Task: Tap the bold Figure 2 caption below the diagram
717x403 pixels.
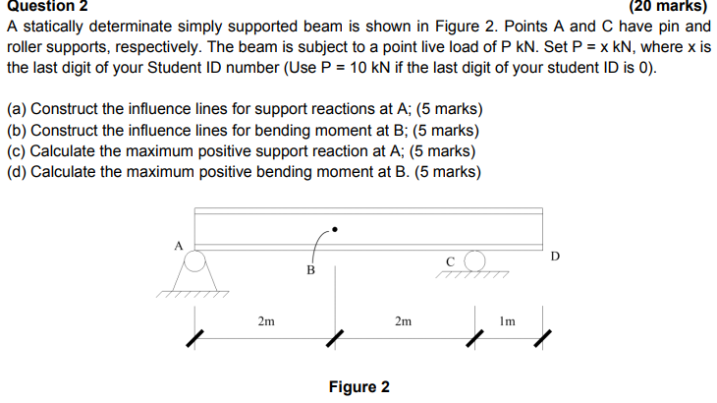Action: click(x=358, y=386)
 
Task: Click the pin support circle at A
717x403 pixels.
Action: click(x=194, y=261)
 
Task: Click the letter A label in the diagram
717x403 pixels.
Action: click(x=179, y=246)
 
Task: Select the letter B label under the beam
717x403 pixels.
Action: click(x=310, y=269)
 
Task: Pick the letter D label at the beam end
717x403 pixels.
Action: click(x=556, y=257)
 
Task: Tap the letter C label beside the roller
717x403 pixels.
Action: click(x=450, y=260)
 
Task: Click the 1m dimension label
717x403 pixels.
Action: click(x=507, y=320)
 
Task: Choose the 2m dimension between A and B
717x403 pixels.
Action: click(x=266, y=320)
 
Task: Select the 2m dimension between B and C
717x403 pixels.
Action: click(x=403, y=320)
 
